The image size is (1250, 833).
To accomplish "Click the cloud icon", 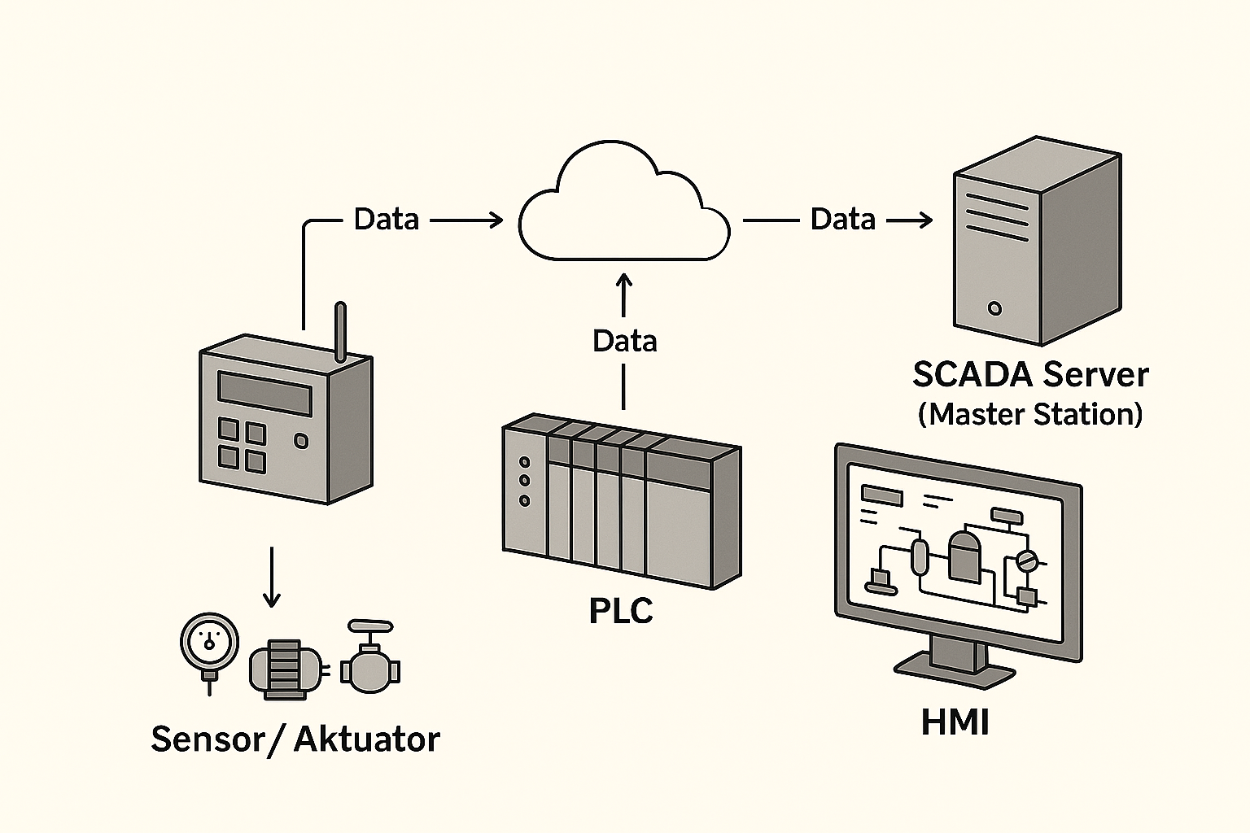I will coord(624,210).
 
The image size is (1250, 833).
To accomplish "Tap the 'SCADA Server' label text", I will coord(1029,374).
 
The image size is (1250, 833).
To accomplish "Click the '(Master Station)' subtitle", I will coord(1029,414).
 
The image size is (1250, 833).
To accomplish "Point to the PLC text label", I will coord(621,611).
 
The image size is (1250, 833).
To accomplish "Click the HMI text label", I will coord(955,722).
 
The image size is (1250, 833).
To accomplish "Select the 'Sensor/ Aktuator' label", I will coord(295,739).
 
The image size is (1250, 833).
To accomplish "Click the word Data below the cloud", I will coord(624,341).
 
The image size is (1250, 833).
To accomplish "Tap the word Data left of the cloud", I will coord(387,220).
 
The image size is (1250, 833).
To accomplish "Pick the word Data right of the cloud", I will coord(843,220).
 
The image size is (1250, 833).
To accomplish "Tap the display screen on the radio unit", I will coord(265,394).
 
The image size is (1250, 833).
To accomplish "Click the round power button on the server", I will coord(994,308).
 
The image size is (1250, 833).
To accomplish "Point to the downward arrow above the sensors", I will coord(272,578).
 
